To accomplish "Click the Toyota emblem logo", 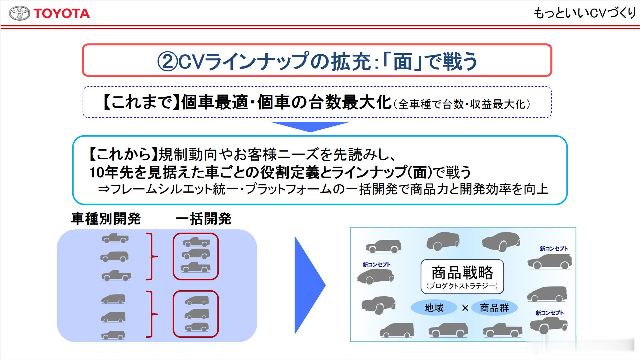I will click(x=19, y=14).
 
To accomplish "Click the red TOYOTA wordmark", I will click(x=62, y=14).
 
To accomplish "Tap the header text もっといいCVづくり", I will click(x=585, y=13).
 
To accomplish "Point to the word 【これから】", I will click(x=123, y=154).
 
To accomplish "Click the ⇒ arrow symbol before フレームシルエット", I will click(x=104, y=189).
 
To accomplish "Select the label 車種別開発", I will click(x=106, y=219).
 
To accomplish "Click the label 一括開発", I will click(x=203, y=219).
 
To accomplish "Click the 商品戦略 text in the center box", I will click(x=462, y=273).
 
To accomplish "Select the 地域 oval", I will click(x=434, y=308).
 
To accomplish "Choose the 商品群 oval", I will click(x=494, y=308).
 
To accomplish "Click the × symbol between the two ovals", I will click(x=465, y=308).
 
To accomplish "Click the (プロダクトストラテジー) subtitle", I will click(x=462, y=286).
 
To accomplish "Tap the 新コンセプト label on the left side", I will click(x=376, y=265).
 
